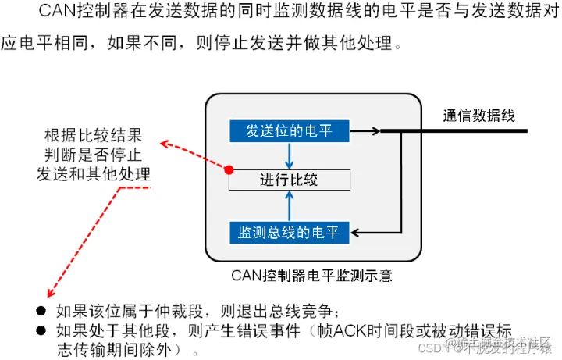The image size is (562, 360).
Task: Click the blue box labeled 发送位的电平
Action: [290, 130]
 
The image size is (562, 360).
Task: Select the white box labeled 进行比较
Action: [290, 180]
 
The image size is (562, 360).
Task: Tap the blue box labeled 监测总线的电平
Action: [289, 232]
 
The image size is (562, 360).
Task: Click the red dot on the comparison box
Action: [229, 169]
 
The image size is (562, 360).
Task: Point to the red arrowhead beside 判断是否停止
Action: [165, 143]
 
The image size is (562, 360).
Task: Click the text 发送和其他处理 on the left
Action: [93, 172]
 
